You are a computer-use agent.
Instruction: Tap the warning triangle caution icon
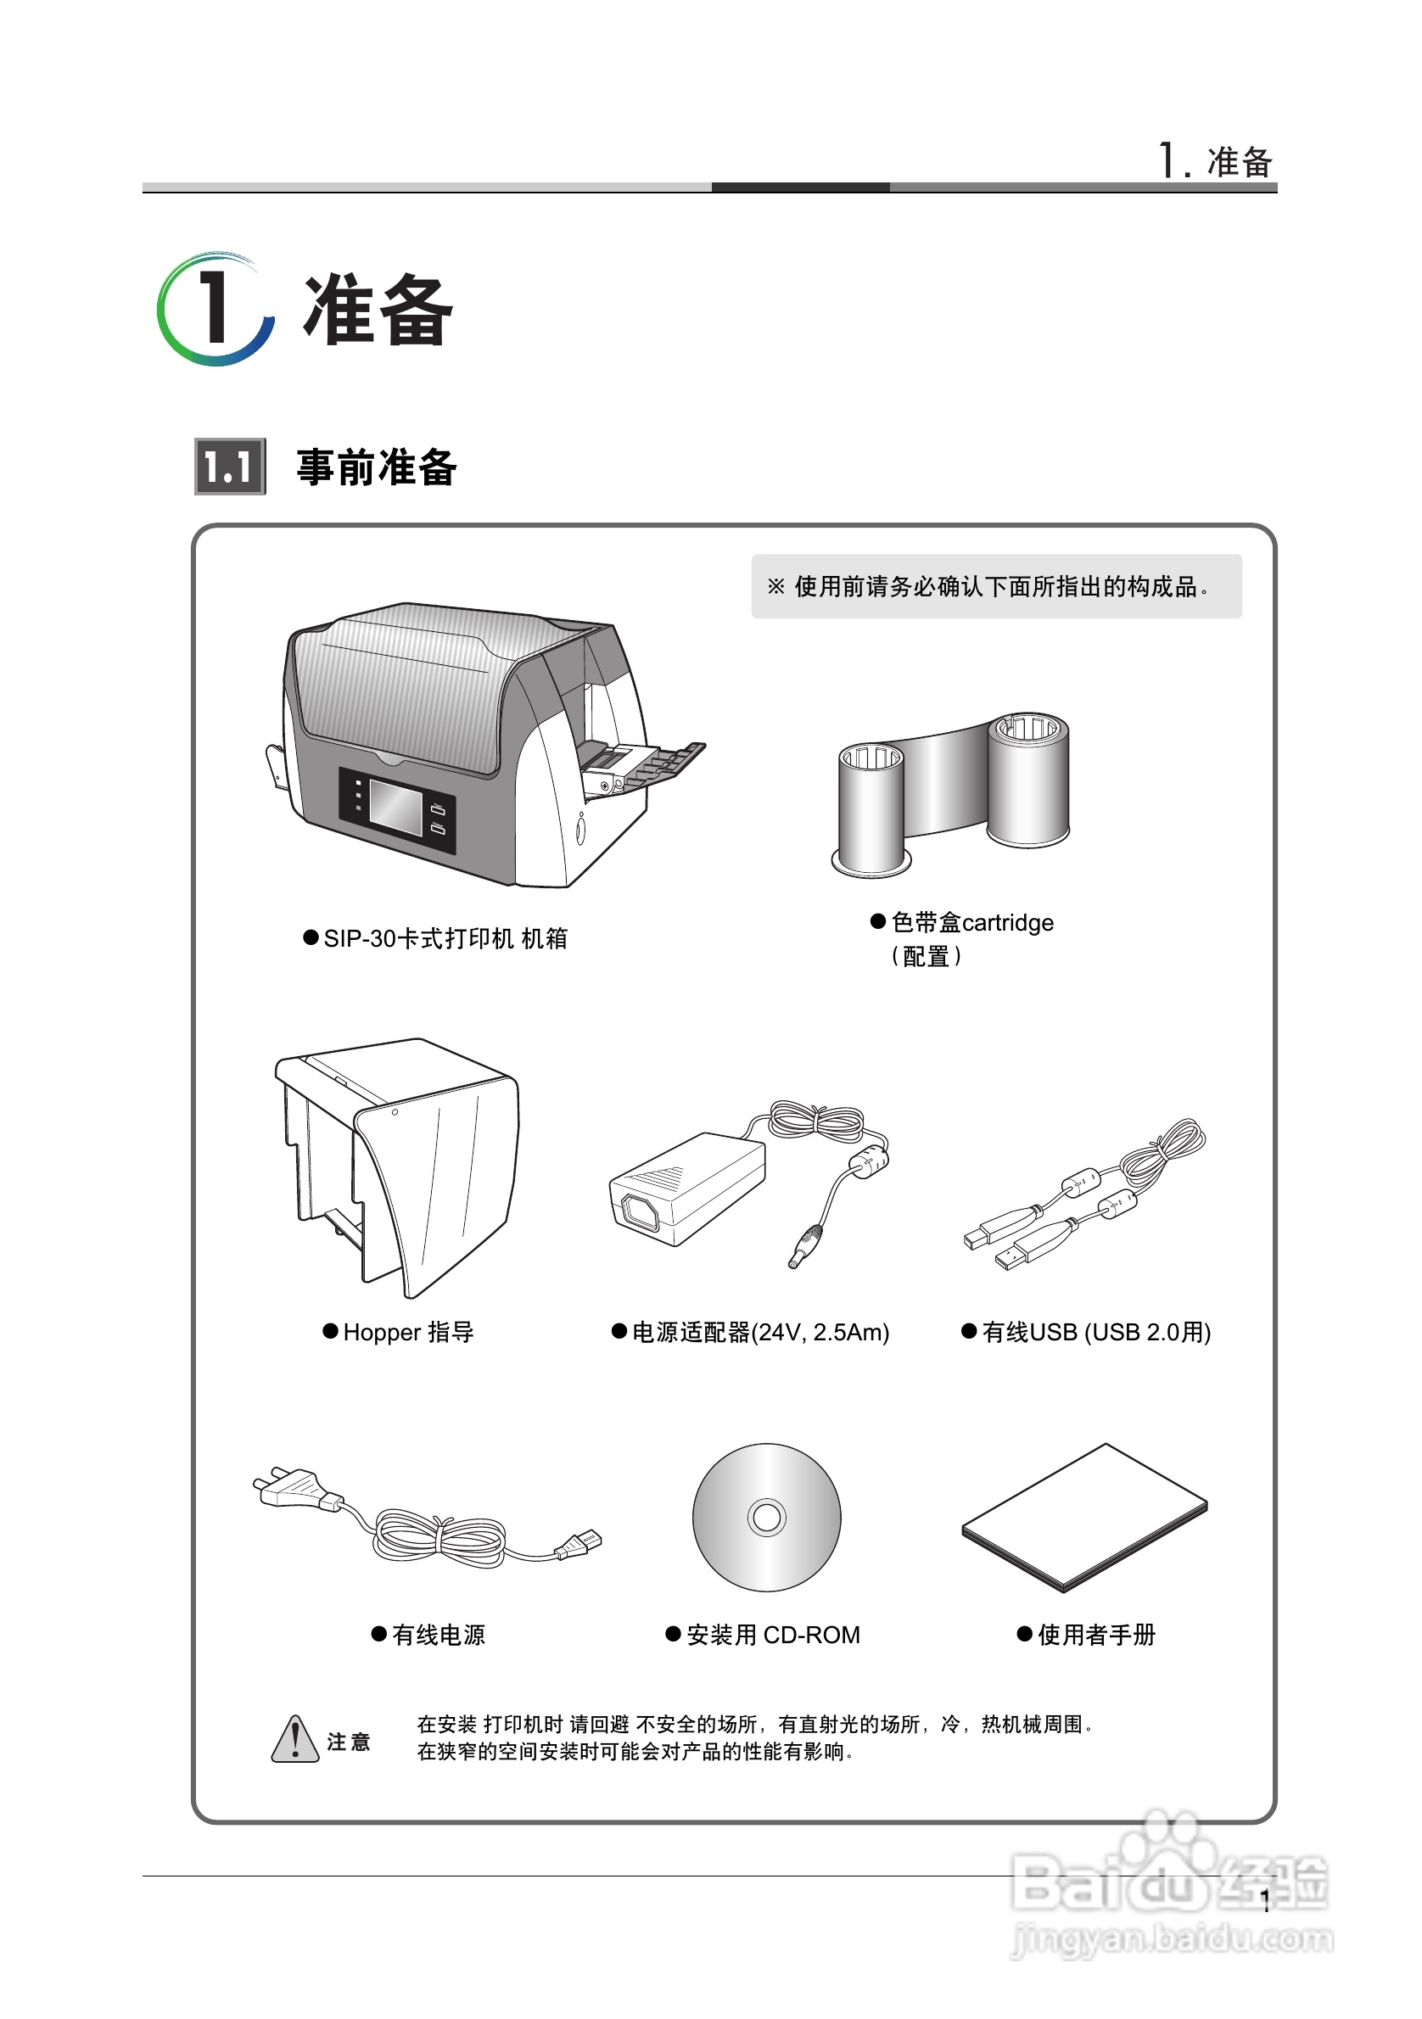[x=294, y=1740]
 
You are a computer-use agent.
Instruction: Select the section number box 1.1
[x=230, y=466]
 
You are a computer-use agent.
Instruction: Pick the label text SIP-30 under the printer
[x=360, y=939]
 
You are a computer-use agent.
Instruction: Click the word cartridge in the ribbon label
[x=1008, y=922]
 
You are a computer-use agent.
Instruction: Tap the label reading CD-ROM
[x=811, y=1635]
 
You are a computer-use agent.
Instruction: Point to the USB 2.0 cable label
[x=1095, y=1332]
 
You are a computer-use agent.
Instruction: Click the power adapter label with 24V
[x=760, y=1332]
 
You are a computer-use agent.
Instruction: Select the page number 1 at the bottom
[x=1264, y=1904]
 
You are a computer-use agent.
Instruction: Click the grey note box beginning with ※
[x=995, y=586]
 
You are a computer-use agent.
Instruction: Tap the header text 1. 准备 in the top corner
[x=1215, y=162]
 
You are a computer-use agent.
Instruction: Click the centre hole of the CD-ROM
[x=767, y=1517]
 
